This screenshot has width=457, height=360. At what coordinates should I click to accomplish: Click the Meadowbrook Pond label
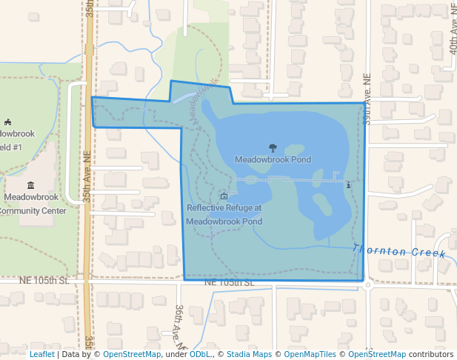[273, 159]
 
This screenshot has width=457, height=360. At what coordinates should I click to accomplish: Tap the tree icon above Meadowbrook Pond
[273, 148]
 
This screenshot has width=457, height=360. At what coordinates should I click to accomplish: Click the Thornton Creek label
[399, 252]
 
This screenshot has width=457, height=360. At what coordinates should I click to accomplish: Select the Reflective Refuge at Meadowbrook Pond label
[224, 215]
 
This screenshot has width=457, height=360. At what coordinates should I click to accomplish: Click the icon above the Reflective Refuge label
[224, 196]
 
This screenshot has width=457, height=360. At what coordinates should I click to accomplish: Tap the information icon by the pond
[348, 184]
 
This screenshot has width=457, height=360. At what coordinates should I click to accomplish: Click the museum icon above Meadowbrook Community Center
[30, 185]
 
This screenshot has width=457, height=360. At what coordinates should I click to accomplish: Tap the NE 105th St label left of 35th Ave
[44, 281]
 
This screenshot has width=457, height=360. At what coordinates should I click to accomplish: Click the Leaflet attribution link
[41, 355]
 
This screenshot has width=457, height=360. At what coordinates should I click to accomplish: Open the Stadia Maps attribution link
[249, 355]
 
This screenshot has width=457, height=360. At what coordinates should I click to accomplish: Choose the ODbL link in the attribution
[200, 355]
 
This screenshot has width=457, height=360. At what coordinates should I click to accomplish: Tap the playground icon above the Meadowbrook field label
[7, 121]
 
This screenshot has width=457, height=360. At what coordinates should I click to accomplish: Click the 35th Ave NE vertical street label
[87, 178]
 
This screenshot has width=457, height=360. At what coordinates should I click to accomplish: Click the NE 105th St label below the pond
[230, 283]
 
